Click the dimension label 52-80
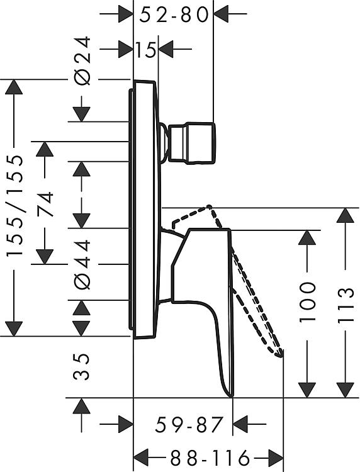coord(174,14)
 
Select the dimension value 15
coord(145,50)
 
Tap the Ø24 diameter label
coord(82,60)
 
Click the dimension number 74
coord(45,205)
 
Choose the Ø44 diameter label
coord(82,264)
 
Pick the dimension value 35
coord(82,367)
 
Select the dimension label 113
coord(345,305)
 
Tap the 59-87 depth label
coord(189,424)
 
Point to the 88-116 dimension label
coord(210,458)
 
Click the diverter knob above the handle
coord(192,143)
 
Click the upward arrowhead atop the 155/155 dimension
coord(14,87)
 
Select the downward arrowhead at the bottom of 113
coord(345,390)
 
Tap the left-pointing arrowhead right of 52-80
coord(222,14)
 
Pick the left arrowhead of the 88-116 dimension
coord(141,458)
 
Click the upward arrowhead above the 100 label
coord(307,238)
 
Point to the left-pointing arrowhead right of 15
coord(166,48)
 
